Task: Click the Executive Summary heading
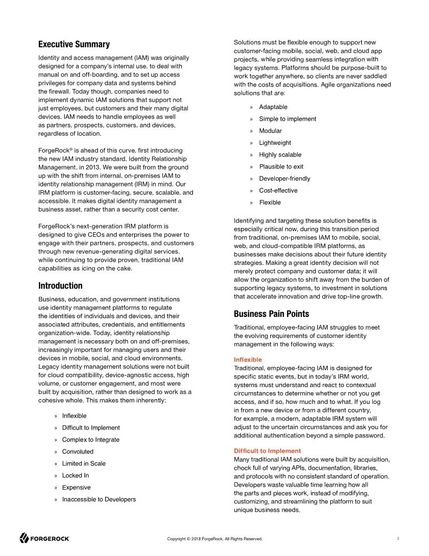click(x=74, y=44)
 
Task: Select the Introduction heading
click(x=60, y=286)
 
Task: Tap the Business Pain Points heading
click(x=271, y=314)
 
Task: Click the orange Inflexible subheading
click(x=248, y=360)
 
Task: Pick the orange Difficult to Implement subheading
click(x=267, y=451)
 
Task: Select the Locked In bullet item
click(x=75, y=475)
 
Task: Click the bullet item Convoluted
click(x=77, y=452)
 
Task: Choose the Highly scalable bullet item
click(x=280, y=155)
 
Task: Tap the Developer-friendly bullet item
click(x=284, y=178)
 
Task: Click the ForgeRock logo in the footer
click(x=45, y=538)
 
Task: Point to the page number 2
click(x=399, y=538)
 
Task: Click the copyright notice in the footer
click(x=214, y=539)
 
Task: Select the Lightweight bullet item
click(x=274, y=143)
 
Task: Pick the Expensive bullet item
click(x=76, y=488)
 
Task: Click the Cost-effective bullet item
click(x=278, y=191)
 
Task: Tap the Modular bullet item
click(x=270, y=131)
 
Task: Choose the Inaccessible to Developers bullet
click(x=98, y=499)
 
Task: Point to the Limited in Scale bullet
click(x=84, y=463)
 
